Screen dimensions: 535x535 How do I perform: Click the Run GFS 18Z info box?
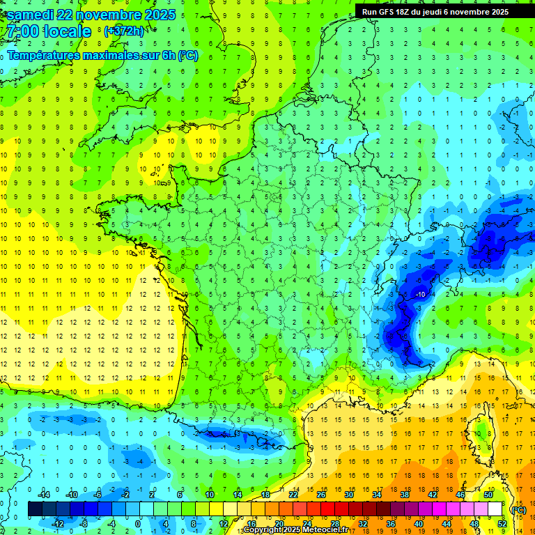click(435, 12)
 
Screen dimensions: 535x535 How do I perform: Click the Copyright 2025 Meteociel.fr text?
click(295, 530)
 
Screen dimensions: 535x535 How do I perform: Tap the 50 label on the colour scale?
click(488, 494)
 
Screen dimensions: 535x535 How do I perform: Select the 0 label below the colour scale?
click(138, 523)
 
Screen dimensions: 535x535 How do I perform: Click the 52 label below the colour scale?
click(502, 523)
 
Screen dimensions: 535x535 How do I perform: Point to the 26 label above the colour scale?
click(321, 494)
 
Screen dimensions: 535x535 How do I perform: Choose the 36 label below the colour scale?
click(390, 523)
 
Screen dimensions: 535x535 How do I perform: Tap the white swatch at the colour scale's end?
click(495, 509)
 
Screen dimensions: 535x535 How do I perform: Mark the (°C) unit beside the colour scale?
click(519, 509)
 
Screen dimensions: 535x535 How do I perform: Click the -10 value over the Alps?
click(420, 295)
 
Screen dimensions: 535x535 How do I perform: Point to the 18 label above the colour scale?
click(265, 494)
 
